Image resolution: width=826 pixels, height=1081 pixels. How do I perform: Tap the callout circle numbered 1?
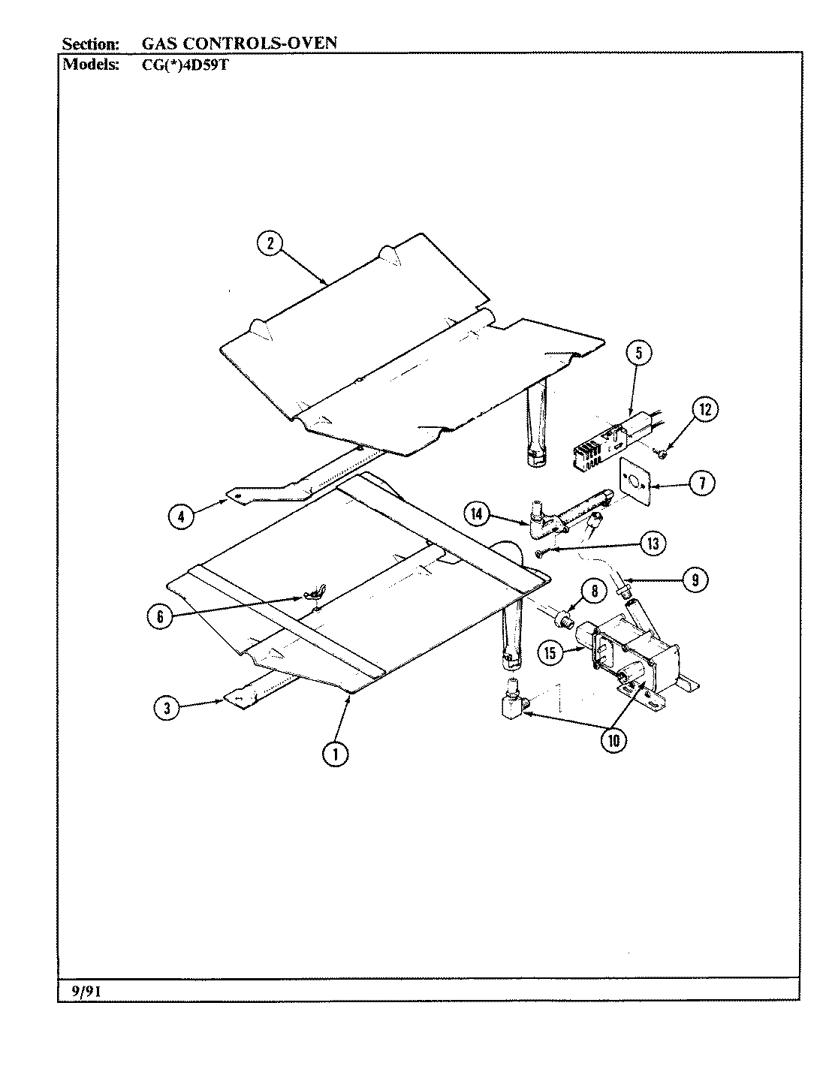click(x=335, y=754)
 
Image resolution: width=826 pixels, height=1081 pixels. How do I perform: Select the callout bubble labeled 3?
click(x=167, y=708)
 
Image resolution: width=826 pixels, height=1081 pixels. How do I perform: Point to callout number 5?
click(x=638, y=354)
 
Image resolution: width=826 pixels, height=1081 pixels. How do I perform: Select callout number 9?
click(x=695, y=579)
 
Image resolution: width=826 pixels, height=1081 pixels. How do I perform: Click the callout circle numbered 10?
click(x=613, y=740)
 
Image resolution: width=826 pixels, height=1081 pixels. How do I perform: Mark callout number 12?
click(x=704, y=409)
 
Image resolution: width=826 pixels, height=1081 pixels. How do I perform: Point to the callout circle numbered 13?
click(x=653, y=543)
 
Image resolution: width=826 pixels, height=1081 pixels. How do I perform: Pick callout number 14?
click(x=477, y=515)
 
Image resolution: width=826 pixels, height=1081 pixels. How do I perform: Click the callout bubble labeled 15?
click(x=550, y=652)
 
